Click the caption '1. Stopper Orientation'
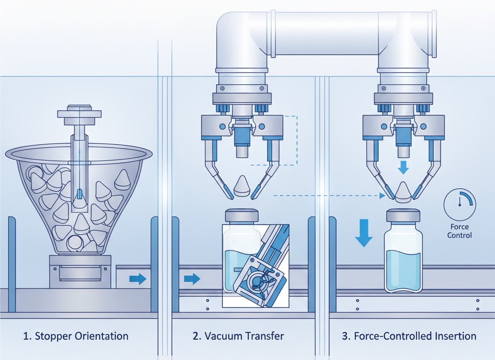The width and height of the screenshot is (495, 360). point(76,336)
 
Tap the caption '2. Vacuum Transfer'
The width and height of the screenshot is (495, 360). point(238,336)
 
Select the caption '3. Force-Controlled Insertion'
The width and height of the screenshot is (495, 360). point(409,336)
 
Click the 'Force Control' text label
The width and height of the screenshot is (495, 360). point(459,231)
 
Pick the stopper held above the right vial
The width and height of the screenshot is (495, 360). point(403,192)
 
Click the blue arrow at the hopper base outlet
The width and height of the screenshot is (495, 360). point(138,279)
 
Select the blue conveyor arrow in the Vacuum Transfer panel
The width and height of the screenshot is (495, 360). point(192,279)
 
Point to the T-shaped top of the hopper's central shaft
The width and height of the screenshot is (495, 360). point(79,113)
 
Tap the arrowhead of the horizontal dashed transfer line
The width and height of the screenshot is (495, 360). point(382,195)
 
